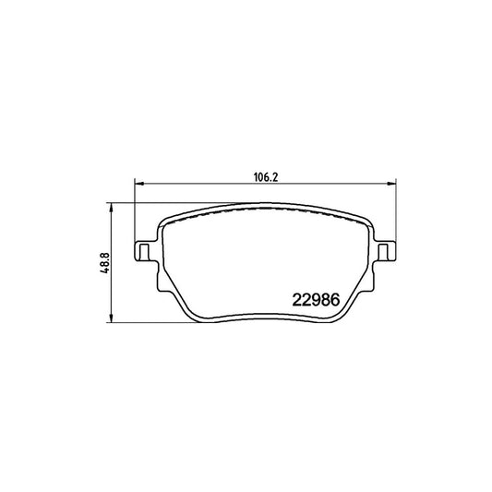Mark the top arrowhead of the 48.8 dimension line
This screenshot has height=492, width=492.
pyautogui.click(x=112, y=204)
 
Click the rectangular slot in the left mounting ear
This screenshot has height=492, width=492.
pyautogui.click(x=143, y=251)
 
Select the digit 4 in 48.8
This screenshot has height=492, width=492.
pyautogui.click(x=107, y=272)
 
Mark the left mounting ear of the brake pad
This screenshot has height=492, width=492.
pyautogui.click(x=145, y=251)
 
